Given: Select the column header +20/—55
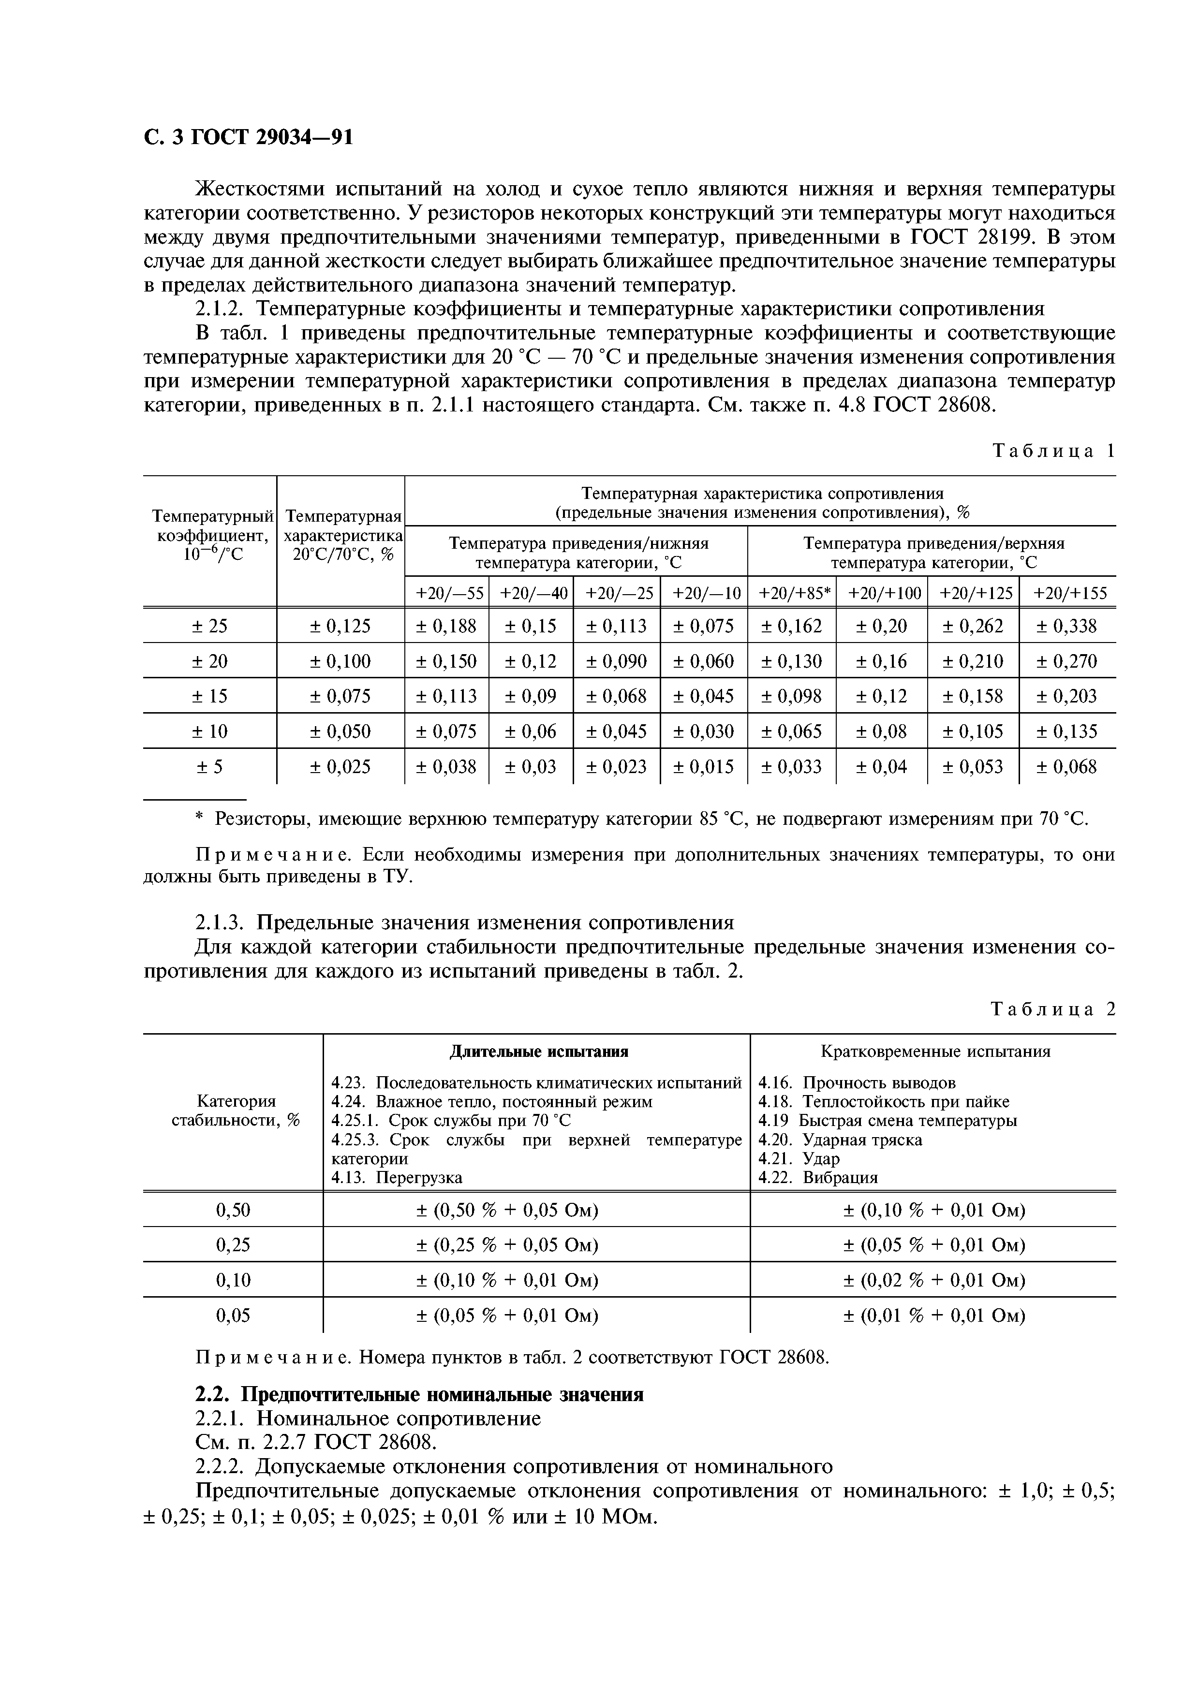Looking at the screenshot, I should coord(446,593).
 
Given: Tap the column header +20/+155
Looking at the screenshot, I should coord(1067,593).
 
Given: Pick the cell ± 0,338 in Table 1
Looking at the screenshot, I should coord(1067,627).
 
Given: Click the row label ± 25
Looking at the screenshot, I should coord(210,627).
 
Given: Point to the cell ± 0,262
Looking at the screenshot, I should coord(973,627).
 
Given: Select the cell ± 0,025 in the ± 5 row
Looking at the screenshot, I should coord(340,767).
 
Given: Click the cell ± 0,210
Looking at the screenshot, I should coord(973,661).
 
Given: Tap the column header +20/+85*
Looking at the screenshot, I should coord(792,593).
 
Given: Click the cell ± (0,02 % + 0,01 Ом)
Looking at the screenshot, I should coord(934,1280).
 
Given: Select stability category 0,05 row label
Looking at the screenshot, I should coord(233,1316).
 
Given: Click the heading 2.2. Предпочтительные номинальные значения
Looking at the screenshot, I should coord(419,1395).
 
